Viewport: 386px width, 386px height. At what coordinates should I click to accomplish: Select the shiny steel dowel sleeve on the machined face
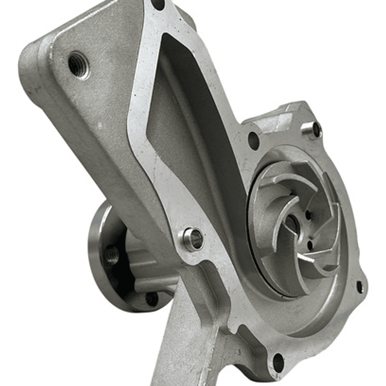coord(193,239)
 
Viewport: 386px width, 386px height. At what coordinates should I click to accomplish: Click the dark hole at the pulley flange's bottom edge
coord(152,298)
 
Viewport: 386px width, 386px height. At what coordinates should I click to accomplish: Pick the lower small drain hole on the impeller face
coord(310,246)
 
